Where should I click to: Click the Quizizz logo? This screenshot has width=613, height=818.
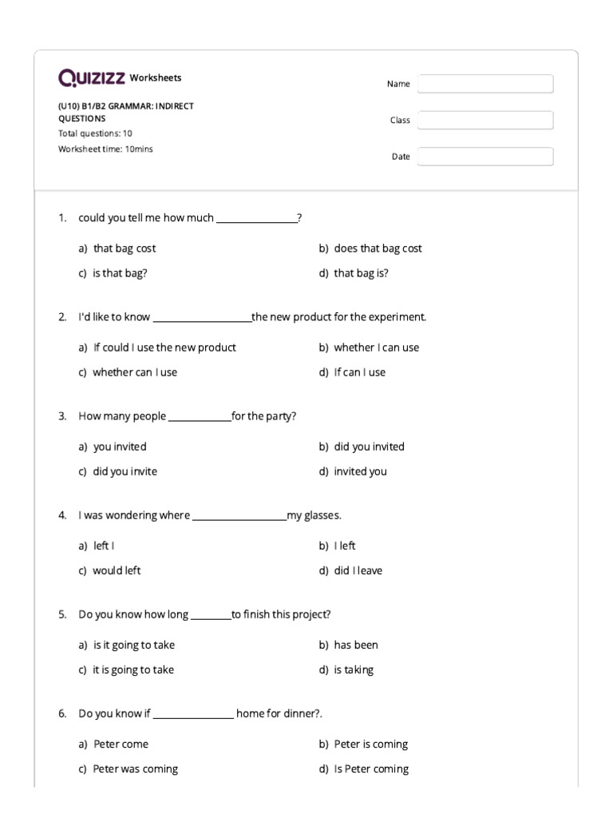tap(92, 77)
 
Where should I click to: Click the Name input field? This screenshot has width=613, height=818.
tap(485, 84)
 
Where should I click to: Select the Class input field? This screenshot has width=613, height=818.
tap(485, 120)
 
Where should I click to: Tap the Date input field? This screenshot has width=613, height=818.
tap(485, 157)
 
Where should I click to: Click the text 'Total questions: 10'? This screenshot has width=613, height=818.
tap(95, 133)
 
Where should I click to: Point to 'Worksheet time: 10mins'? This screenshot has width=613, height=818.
tap(105, 149)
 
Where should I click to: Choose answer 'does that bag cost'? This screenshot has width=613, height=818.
tap(378, 248)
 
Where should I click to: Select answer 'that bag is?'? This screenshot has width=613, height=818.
tap(361, 273)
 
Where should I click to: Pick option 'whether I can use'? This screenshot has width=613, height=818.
tap(376, 347)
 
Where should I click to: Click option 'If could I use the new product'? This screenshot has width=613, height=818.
tap(164, 347)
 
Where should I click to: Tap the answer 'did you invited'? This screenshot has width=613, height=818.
tap(369, 447)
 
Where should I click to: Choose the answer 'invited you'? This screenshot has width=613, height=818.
tap(360, 471)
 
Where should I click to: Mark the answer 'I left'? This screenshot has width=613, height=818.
tap(345, 546)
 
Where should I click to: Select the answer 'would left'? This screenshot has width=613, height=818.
tap(117, 570)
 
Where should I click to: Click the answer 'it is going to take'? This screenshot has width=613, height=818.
tap(133, 669)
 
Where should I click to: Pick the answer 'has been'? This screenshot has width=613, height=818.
tap(356, 645)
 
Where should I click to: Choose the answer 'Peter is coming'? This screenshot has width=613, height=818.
tap(370, 744)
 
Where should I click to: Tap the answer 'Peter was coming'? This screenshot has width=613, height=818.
tap(135, 768)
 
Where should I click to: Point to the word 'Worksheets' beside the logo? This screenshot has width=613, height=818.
tap(156, 77)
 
